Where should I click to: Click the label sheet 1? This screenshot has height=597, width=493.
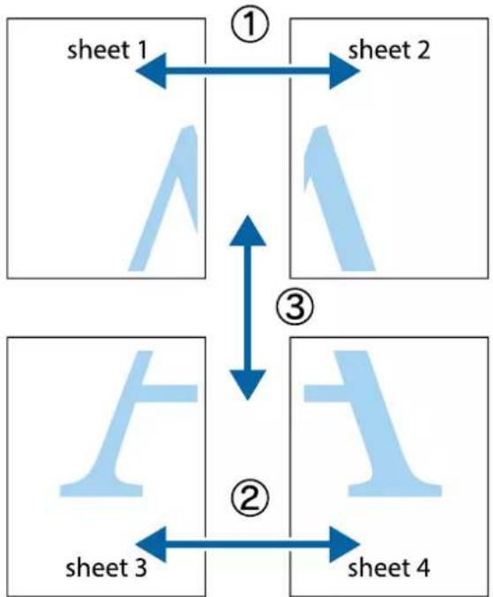(x=107, y=50)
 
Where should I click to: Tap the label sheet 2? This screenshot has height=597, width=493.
(x=389, y=50)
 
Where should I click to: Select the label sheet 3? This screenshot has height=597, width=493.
(x=106, y=567)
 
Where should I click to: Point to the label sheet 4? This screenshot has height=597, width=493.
(x=389, y=567)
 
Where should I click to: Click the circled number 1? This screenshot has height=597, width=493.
(x=250, y=25)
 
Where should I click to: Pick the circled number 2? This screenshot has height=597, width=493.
(x=250, y=498)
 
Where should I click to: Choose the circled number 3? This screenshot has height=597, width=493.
(x=295, y=306)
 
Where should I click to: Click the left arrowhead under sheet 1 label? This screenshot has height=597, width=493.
(x=152, y=70)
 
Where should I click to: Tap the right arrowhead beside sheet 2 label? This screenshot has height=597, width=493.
(x=344, y=70)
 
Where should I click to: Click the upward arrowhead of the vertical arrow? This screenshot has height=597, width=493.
(x=248, y=231)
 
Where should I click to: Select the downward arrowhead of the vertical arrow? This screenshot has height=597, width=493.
(x=248, y=385)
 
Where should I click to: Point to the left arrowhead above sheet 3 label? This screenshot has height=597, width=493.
(x=152, y=544)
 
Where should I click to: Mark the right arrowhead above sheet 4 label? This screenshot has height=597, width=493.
(x=344, y=544)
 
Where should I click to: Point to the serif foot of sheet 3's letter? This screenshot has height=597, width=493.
(x=101, y=490)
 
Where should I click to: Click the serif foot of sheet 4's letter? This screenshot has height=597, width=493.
(x=395, y=490)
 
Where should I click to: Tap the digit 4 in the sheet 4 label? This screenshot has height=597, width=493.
(x=422, y=567)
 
